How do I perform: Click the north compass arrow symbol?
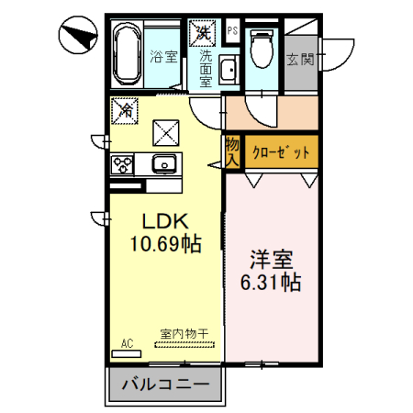click(x=78, y=38)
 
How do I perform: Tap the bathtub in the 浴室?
click(x=128, y=55)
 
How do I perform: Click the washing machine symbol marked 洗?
click(x=201, y=31)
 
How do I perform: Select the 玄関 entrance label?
click(x=299, y=61)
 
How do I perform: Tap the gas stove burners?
click(x=123, y=165)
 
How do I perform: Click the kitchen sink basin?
click(x=165, y=164)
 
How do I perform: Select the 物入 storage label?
click(x=232, y=152)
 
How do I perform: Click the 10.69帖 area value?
click(x=165, y=245)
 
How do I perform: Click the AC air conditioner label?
click(x=127, y=343)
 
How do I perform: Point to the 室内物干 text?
click(x=184, y=334)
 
